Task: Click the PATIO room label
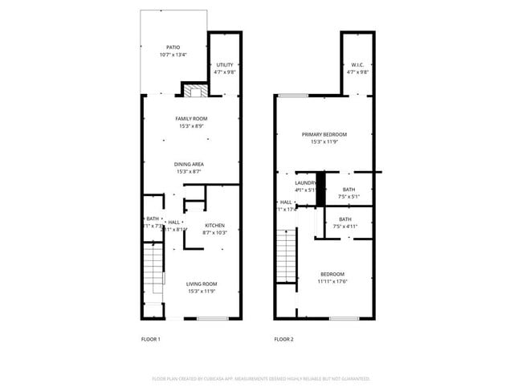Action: [173, 47]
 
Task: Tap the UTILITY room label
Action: [224, 64]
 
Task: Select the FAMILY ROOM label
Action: [191, 119]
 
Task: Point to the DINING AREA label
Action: [189, 165]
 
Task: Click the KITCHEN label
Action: [214, 225]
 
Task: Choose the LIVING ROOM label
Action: [202, 283]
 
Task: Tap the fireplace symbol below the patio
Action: [193, 91]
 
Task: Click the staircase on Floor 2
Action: [287, 255]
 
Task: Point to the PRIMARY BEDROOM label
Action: [324, 134]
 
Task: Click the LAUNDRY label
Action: [305, 183]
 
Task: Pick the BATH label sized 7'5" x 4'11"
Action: [345, 218]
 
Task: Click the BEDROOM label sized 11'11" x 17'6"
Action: [332, 274]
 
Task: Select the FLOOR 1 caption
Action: [150, 339]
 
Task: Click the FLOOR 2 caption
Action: [283, 339]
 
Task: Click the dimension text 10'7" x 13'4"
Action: [173, 55]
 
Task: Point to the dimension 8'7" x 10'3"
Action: [214, 232]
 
